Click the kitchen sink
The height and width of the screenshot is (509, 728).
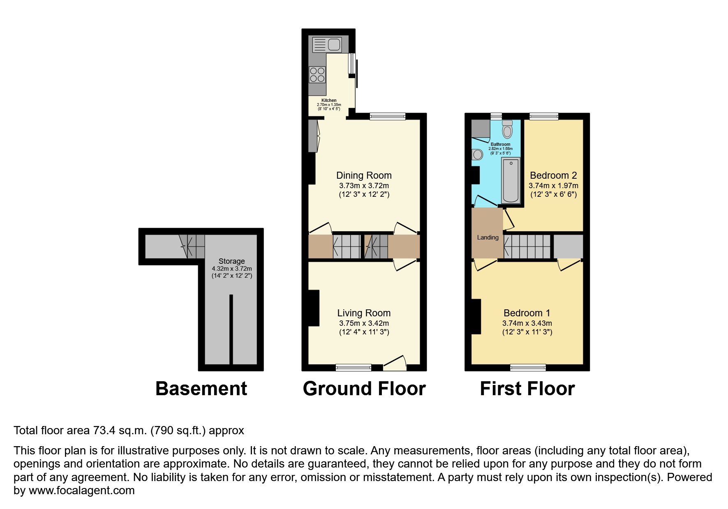point(327,44)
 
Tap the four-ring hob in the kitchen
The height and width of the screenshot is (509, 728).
point(317,75)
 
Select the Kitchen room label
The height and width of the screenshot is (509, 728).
point(329,100)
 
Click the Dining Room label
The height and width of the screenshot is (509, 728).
point(364,175)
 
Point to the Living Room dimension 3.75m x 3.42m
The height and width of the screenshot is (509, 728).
point(364,323)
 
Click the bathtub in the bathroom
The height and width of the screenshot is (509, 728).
point(511,181)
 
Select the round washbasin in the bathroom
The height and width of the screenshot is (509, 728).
point(477,154)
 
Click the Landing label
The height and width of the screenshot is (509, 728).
point(488,237)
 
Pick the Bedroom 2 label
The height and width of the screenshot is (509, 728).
point(553,175)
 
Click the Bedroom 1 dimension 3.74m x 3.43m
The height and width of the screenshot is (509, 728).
point(527,323)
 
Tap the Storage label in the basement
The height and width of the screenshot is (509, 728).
point(231,261)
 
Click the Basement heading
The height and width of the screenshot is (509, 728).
point(201,389)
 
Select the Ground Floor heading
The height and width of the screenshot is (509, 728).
point(364,389)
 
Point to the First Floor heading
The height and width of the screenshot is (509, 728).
point(527,389)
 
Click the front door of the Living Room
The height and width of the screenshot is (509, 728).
point(395,363)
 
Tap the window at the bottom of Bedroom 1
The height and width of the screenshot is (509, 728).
point(528,368)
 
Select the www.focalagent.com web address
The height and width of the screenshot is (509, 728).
point(81,491)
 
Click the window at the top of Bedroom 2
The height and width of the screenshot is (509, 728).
point(543,116)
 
